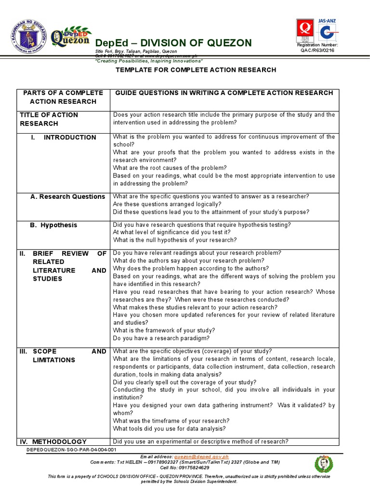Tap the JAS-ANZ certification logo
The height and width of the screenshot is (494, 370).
pos(328,29)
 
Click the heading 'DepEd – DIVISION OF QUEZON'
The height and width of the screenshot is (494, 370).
pos(173,42)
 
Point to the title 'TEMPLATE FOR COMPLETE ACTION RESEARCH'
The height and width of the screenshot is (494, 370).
pos(196,70)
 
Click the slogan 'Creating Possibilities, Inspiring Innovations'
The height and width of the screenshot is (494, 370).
pos(149,61)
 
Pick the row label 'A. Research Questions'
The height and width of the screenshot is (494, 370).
pos(67,197)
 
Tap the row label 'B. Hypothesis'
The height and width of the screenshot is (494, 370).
pos(54,225)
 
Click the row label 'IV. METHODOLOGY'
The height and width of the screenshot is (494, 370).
pos(53,441)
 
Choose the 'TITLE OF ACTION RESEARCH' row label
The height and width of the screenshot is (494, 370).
pos(48,119)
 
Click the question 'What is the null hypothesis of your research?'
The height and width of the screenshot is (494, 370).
pos(174,240)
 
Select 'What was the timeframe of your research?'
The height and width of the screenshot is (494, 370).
pos(171,421)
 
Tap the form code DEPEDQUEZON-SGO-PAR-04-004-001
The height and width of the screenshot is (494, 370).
pos(72,449)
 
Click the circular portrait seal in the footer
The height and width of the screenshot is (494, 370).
pos(323,464)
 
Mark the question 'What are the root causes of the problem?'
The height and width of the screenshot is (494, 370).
pos(170,168)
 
